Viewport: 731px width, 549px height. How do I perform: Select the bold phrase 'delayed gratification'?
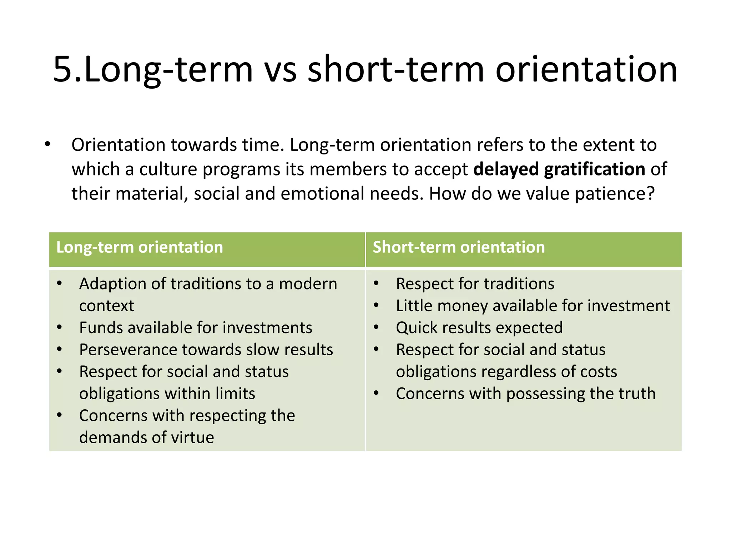pos(559,169)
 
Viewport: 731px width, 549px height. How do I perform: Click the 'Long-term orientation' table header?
pos(140,247)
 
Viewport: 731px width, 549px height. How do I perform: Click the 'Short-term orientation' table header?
pos(459,247)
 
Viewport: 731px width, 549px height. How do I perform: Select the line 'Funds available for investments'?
pos(196,328)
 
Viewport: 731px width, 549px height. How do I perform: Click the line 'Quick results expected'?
pos(479,328)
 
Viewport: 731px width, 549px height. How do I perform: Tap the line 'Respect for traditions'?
pos(475,284)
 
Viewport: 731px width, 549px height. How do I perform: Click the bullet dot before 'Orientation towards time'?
pos(47,145)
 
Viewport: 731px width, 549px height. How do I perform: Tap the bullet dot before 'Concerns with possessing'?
pos(376,393)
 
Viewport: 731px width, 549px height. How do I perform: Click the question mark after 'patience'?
pos(650,193)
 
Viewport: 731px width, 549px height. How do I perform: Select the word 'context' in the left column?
pos(106,306)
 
